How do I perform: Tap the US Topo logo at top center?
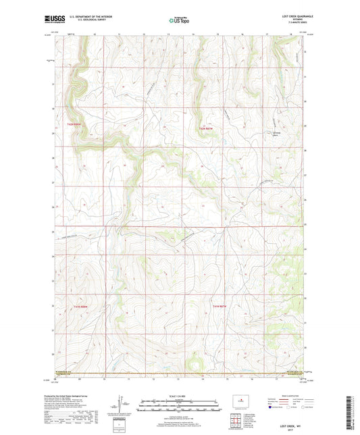(x=178, y=21)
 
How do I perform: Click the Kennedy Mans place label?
(x=276, y=133)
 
